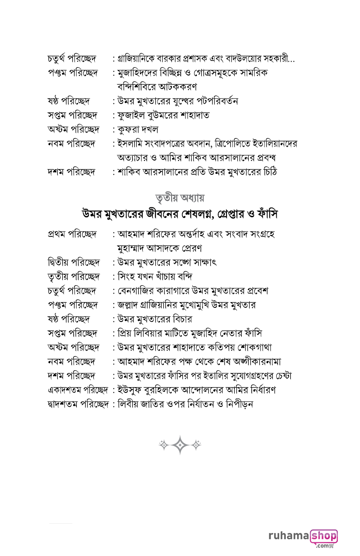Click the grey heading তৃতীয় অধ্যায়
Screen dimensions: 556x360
click(180, 197)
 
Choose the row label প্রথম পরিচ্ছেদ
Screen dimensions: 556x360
click(72, 234)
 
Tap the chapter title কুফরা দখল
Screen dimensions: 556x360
click(138, 129)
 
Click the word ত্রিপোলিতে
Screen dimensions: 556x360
click(231, 143)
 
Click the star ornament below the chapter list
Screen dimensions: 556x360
click(180, 445)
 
